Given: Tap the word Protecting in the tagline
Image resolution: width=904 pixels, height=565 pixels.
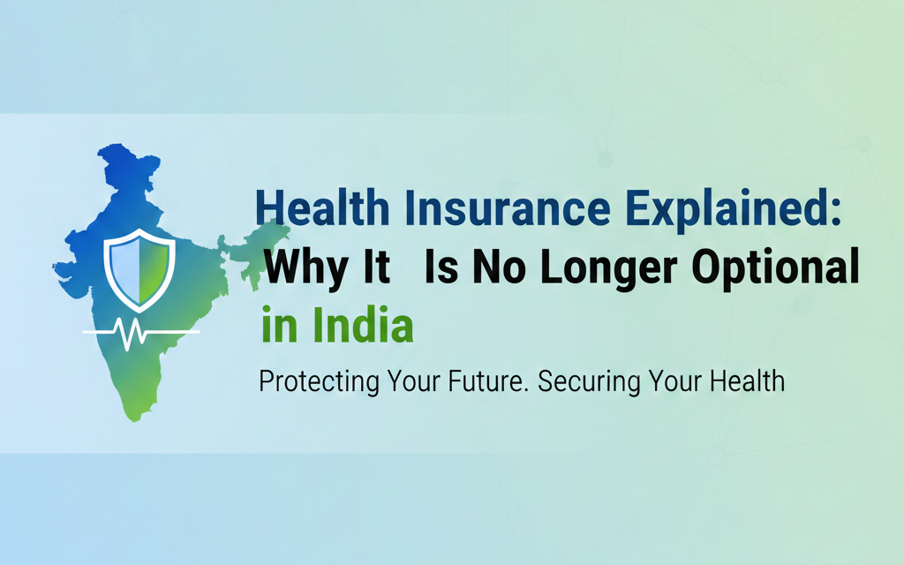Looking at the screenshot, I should click(x=319, y=382).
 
